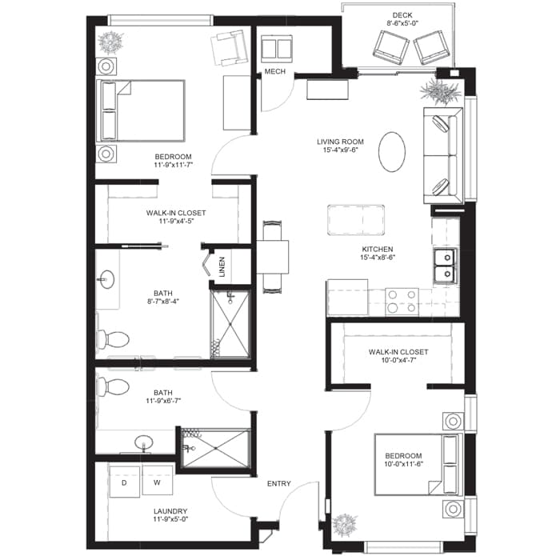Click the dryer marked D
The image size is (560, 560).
124,482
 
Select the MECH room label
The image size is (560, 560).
275,72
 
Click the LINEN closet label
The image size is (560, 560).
222,266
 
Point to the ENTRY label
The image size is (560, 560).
279,483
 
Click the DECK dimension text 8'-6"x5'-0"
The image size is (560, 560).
402,23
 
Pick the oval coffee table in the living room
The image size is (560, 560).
392,152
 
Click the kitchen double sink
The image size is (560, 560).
445,266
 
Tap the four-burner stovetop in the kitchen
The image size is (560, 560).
402,302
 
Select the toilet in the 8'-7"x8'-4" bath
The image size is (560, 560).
113,339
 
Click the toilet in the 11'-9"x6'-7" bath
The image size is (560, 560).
114,386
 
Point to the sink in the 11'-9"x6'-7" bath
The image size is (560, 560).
144,443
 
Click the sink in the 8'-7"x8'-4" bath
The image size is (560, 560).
106,279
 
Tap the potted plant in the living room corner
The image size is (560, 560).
440,91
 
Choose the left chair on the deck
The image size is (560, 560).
391,47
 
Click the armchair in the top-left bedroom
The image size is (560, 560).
230,48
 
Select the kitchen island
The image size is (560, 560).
356,220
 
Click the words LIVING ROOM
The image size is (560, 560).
340,142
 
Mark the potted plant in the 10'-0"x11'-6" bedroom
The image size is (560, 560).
345,526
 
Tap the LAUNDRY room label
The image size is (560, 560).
170,511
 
